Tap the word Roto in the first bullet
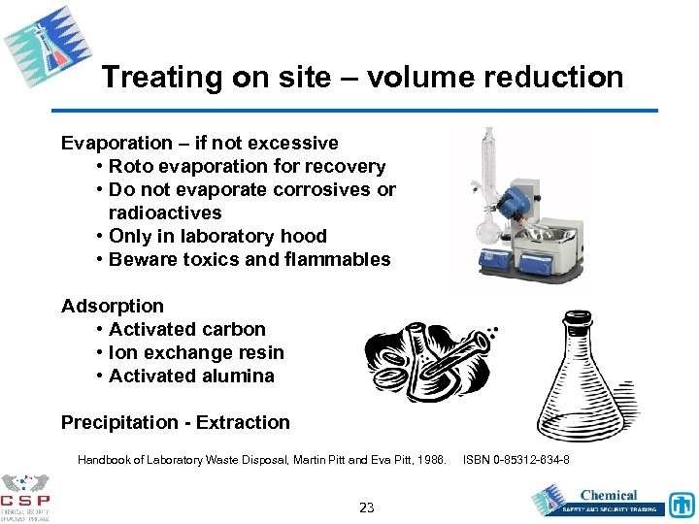[132, 167]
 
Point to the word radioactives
[165, 213]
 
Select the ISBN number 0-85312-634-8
[530, 460]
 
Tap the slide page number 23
[366, 507]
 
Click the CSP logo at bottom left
[26, 497]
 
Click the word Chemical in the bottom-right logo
[609, 495]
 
